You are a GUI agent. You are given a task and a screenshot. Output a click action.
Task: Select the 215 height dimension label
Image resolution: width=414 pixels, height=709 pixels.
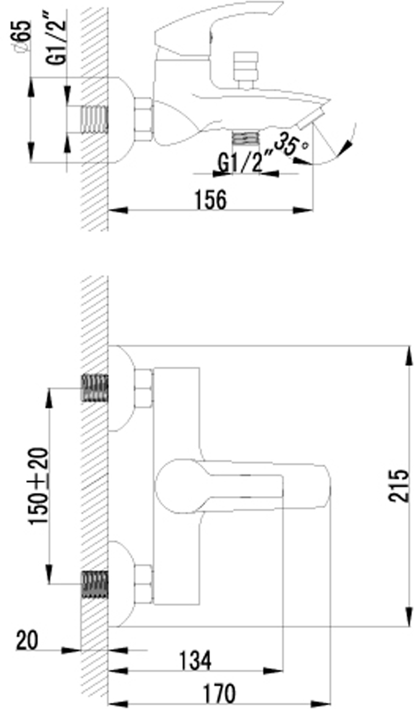coord(399,486)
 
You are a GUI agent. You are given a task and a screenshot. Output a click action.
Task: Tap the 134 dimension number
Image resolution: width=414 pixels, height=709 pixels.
coord(195,661)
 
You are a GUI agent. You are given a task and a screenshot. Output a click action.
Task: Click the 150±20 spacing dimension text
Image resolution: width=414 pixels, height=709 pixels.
coord(39,486)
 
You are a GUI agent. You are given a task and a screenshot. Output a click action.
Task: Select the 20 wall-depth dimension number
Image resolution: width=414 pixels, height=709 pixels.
coord(28,641)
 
